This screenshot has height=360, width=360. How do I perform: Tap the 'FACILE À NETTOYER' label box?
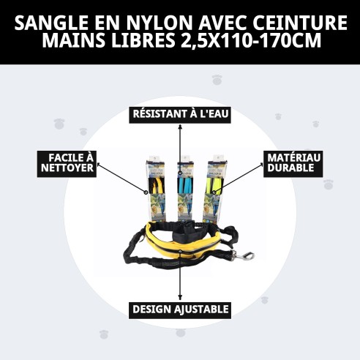[67, 163]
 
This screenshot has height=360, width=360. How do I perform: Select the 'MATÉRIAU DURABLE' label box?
[294, 163]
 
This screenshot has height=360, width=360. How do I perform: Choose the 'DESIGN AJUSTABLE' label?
[180, 309]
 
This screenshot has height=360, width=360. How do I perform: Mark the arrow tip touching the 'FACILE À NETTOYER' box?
[96, 164]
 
